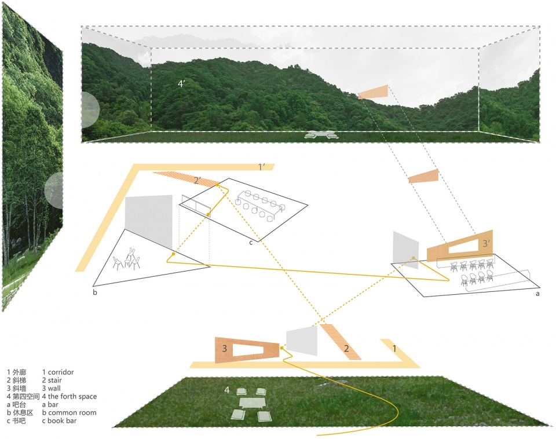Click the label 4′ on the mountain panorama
coord(182,83)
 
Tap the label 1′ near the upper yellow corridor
coord(262,167)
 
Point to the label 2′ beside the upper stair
coord(197,181)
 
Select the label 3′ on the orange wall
coord(487,244)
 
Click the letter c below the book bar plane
coord(251,242)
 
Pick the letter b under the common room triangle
coord(94,292)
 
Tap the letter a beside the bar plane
coord(537,294)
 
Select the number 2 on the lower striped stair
coord(346,349)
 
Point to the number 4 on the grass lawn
coord(227,391)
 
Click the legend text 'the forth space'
coord(73,397)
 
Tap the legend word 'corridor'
coord(61,372)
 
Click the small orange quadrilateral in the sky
coord(373,92)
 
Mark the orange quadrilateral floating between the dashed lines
coord(423,176)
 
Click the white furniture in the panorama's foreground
coord(322,134)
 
